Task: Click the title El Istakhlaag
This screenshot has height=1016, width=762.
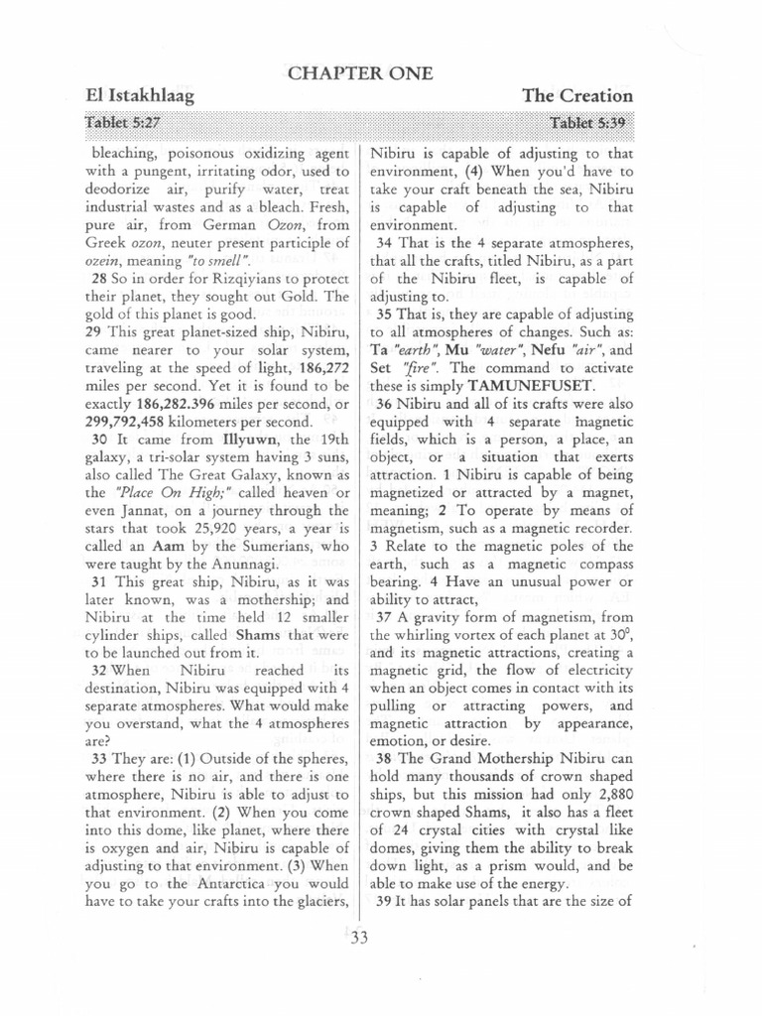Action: coord(140,96)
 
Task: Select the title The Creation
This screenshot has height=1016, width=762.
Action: coord(577,96)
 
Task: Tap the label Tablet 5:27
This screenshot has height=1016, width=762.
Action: coord(126,122)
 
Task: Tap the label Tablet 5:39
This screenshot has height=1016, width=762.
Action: coord(591,122)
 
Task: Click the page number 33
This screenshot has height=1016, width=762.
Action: coord(359,942)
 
